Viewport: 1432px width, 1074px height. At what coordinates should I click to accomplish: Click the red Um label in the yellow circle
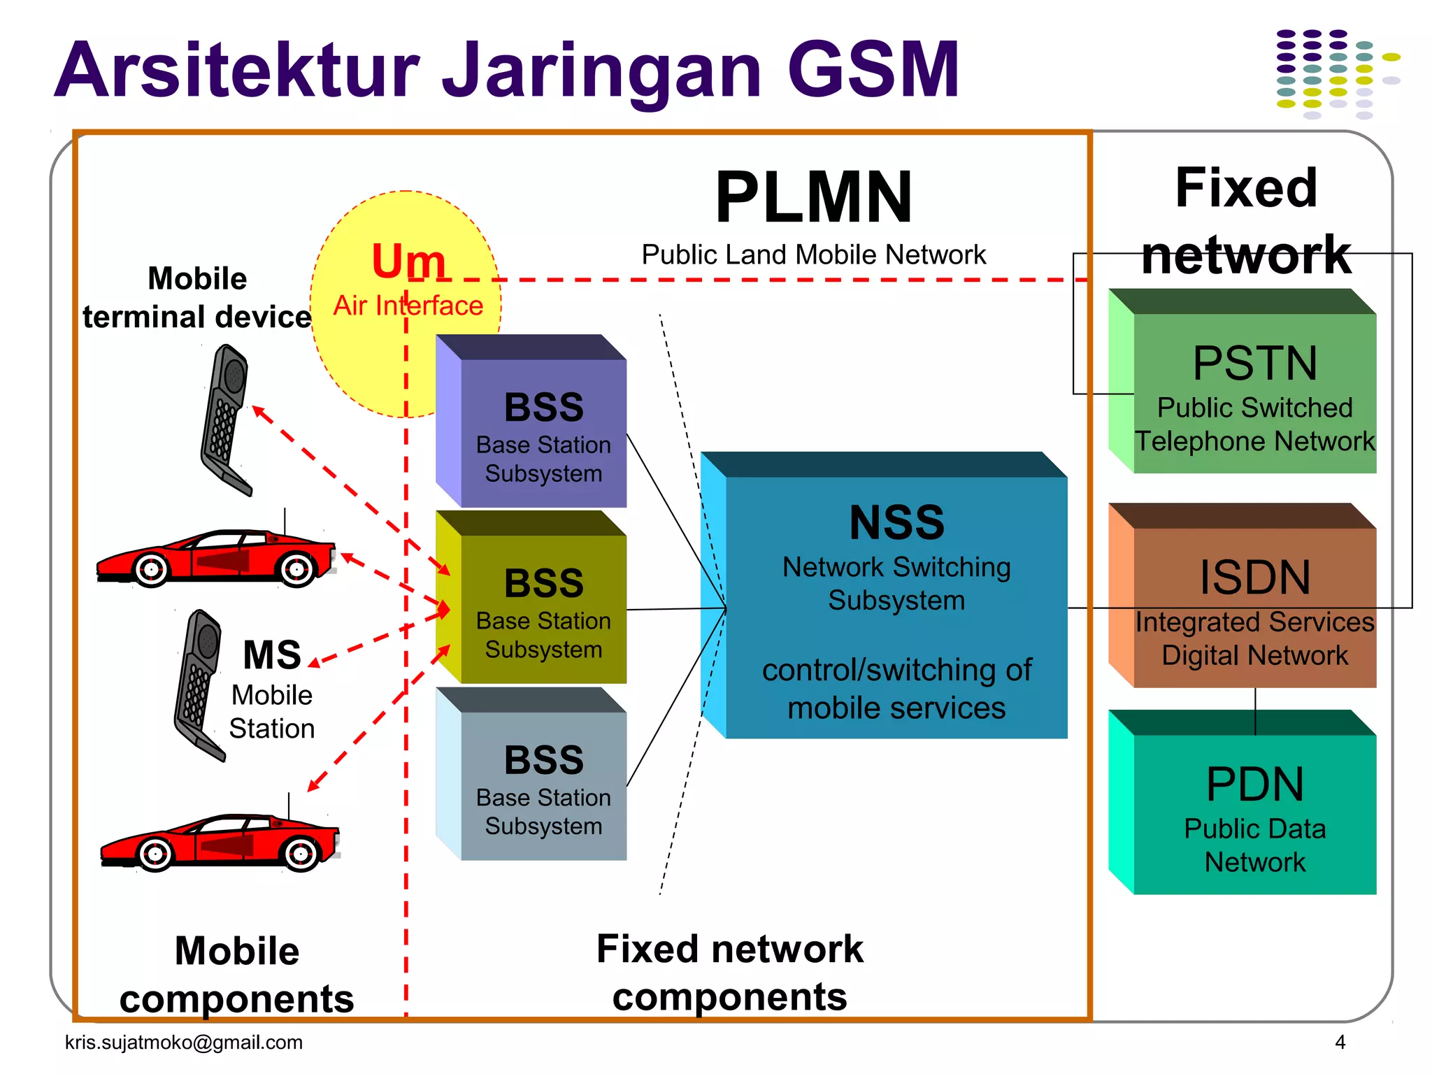pos(408,262)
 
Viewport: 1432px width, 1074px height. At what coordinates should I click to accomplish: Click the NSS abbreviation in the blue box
pos(896,522)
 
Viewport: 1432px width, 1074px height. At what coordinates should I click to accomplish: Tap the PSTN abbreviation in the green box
pos(1254,364)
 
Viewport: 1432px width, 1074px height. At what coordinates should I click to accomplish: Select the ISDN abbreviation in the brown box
pos(1254,578)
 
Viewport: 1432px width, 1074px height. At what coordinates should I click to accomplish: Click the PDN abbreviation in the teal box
pos(1254,785)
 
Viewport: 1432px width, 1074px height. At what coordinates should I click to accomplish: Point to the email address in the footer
pos(184,1042)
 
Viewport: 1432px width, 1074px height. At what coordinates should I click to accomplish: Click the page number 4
pos(1340,1042)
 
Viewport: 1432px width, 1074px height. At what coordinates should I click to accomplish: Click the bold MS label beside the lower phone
pos(271,655)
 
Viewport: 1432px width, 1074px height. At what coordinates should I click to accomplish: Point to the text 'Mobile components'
pos(236,975)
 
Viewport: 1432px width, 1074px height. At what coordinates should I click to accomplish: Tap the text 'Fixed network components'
pos(729,973)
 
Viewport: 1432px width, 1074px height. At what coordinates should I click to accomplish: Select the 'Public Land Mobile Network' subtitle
pos(813,255)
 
